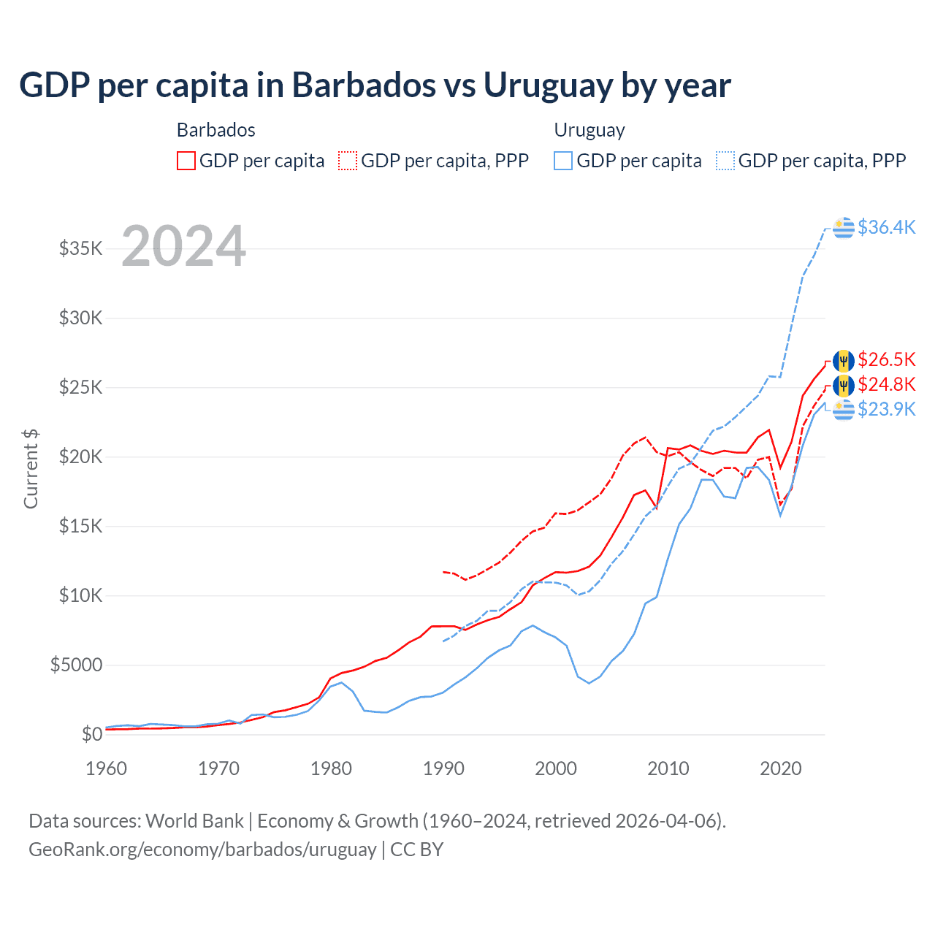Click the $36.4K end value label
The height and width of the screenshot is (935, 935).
click(886, 227)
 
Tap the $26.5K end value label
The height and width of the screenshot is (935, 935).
click(886, 359)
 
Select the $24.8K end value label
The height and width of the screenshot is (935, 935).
click(886, 384)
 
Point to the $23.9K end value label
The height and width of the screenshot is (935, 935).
click(886, 409)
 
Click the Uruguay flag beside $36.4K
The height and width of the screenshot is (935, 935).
click(844, 228)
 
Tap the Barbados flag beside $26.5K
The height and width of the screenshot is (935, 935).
click(844, 360)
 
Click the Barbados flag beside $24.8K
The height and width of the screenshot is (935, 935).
click(844, 385)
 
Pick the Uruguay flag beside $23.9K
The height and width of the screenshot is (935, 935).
click(844, 410)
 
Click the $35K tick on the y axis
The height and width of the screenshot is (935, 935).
click(81, 248)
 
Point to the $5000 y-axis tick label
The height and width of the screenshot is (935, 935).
click(77, 665)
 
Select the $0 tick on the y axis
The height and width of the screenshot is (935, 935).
click(91, 734)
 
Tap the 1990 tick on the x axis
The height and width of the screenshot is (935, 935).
click(443, 768)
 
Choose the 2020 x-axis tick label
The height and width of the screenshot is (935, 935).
click(781, 768)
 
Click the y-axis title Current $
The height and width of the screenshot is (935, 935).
click(31, 469)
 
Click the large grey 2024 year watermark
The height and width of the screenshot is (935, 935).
click(183, 246)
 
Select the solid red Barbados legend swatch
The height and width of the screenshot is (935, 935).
click(186, 161)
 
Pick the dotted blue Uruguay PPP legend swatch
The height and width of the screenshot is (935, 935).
click(725, 161)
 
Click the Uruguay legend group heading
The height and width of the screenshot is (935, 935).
click(589, 130)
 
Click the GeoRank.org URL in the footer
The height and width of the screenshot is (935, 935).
click(202, 850)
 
